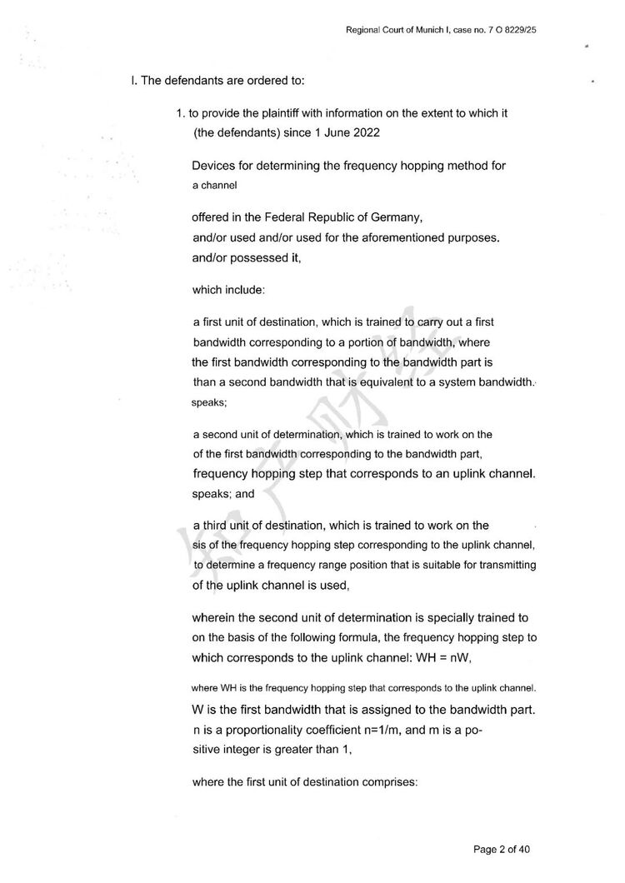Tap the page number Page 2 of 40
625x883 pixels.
502,850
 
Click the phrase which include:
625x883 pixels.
227,290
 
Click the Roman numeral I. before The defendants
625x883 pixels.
132,81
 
